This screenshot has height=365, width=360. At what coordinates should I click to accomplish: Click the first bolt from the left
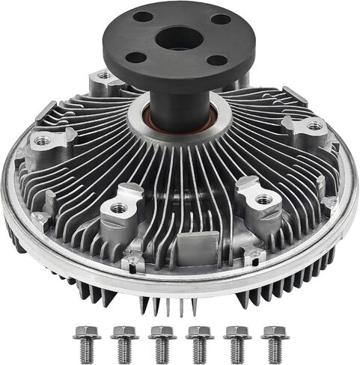(87, 342)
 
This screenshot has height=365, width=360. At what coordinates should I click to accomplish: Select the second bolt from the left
(124, 342)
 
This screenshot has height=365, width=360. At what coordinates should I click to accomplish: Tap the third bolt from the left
(162, 342)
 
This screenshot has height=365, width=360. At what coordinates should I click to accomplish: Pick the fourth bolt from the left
(200, 342)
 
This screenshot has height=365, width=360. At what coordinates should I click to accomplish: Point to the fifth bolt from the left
(237, 342)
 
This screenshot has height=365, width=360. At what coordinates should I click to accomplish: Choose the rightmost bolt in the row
(275, 342)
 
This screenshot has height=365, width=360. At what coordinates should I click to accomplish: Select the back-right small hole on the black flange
(221, 19)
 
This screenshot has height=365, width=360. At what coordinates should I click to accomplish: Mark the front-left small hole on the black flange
(135, 57)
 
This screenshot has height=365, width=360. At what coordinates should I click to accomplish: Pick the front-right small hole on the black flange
(216, 61)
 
